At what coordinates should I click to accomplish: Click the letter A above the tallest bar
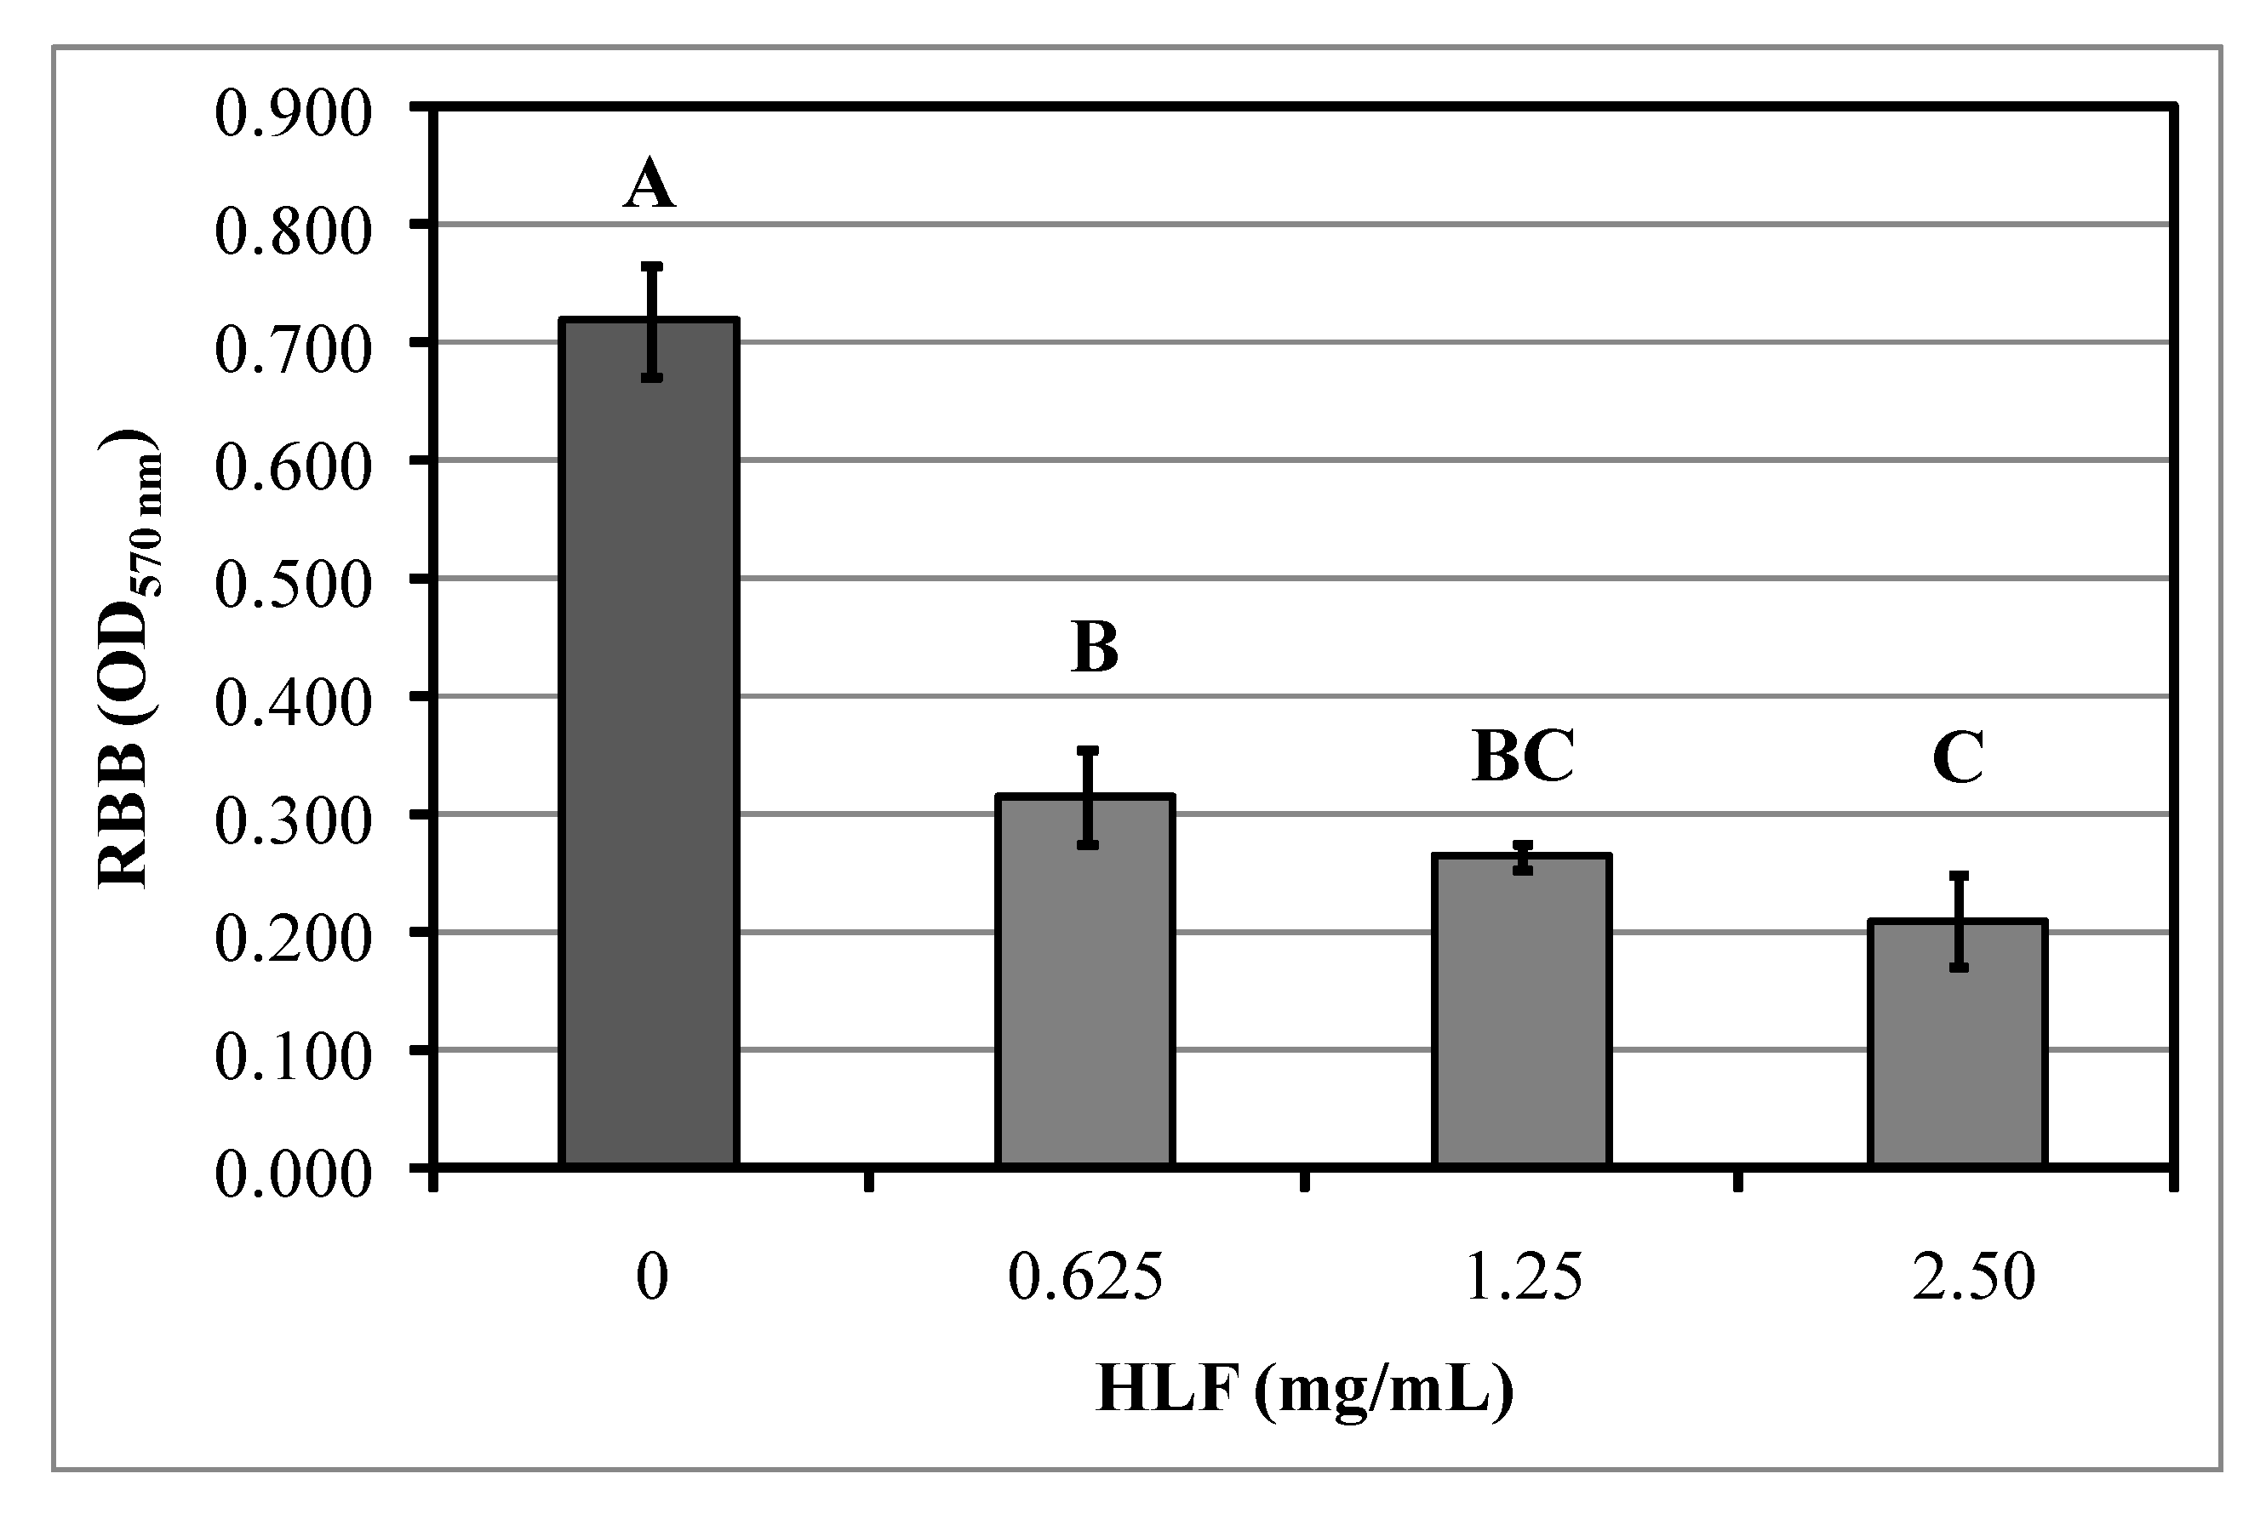[649, 185]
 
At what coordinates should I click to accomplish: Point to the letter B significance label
[1095, 648]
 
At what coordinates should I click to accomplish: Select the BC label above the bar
[1523, 756]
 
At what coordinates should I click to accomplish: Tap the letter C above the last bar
[1958, 757]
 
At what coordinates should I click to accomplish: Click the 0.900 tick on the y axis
[293, 114]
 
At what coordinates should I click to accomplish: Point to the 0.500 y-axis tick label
[293, 585]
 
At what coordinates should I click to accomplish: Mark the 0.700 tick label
[293, 350]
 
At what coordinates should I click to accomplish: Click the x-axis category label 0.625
[1084, 1277]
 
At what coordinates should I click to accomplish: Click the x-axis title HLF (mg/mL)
[1305, 1390]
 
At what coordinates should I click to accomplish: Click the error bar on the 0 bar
[652, 321]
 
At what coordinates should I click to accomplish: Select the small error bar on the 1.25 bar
[1524, 858]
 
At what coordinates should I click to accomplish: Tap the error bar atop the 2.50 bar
[1959, 921]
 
